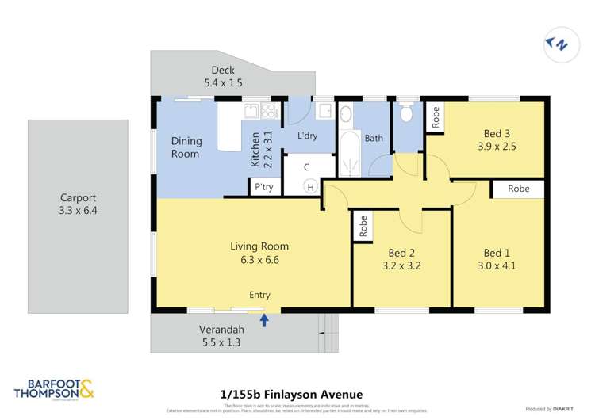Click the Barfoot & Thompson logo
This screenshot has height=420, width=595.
click(x=54, y=388)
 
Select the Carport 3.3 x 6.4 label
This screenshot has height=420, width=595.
click(x=78, y=204)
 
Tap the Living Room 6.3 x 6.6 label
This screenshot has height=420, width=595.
click(x=259, y=252)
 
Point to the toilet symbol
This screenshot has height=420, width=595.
click(x=407, y=114)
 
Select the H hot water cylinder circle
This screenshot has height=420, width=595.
click(x=311, y=187)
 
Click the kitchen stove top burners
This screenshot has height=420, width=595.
click(x=268, y=112)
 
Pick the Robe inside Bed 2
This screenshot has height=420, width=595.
click(x=363, y=227)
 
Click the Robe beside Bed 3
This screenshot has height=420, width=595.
click(x=435, y=116)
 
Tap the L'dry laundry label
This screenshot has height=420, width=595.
click(x=307, y=136)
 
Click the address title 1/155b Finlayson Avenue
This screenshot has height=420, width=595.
click(x=291, y=394)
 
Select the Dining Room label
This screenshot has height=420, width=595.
click(x=186, y=147)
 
